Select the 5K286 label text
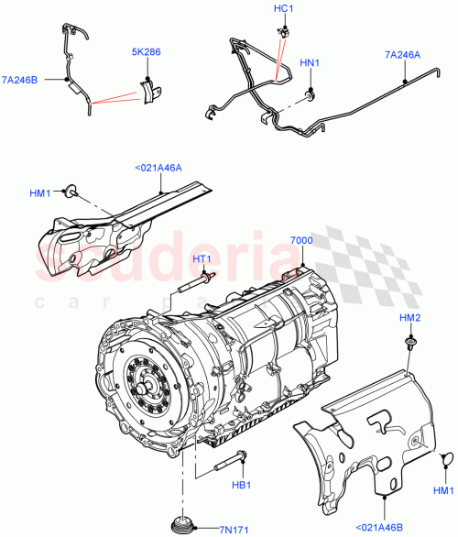pos(145,52)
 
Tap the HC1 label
pos(283,8)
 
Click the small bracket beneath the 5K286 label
pos(147,92)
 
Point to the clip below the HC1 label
pos(283,32)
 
